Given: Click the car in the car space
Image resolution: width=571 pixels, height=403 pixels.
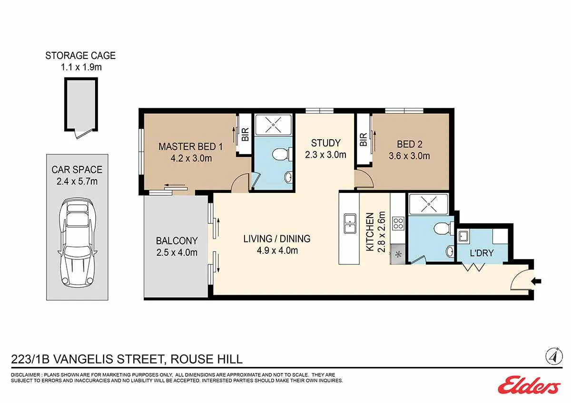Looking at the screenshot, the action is coord(78,241).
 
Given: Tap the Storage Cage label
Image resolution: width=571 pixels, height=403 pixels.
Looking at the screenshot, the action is coord(80,56).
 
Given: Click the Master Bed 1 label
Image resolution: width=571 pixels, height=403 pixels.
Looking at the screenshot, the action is coord(191,147).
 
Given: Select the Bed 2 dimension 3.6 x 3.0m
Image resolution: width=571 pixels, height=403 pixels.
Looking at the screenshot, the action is coord(409,156).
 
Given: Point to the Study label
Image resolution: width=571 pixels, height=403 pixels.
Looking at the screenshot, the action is coord(326,143).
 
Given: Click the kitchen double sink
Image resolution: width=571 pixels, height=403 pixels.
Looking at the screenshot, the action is coord(350,224).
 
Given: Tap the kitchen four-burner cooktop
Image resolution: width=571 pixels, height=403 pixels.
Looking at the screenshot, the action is coord(398,223).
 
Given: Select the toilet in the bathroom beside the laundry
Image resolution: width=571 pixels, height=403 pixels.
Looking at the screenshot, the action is coord(444,229).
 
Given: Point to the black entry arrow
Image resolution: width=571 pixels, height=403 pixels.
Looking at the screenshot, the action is coord(536,281).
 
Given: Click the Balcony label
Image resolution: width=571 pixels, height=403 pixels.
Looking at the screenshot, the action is coord(177,241).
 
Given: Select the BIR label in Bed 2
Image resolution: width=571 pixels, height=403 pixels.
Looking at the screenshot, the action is coord(364,140).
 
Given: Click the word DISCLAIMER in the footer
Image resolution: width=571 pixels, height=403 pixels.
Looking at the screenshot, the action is coord(26,375).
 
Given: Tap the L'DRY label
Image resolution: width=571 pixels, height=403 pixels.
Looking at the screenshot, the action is coord(482,253).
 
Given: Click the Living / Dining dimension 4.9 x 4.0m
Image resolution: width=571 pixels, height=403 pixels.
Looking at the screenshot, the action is coord(277,250).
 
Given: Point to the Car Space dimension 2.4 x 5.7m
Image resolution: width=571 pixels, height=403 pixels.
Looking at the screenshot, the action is coord(77,182).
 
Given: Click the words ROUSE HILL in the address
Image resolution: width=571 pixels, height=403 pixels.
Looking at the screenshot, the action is coord(207,359).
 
